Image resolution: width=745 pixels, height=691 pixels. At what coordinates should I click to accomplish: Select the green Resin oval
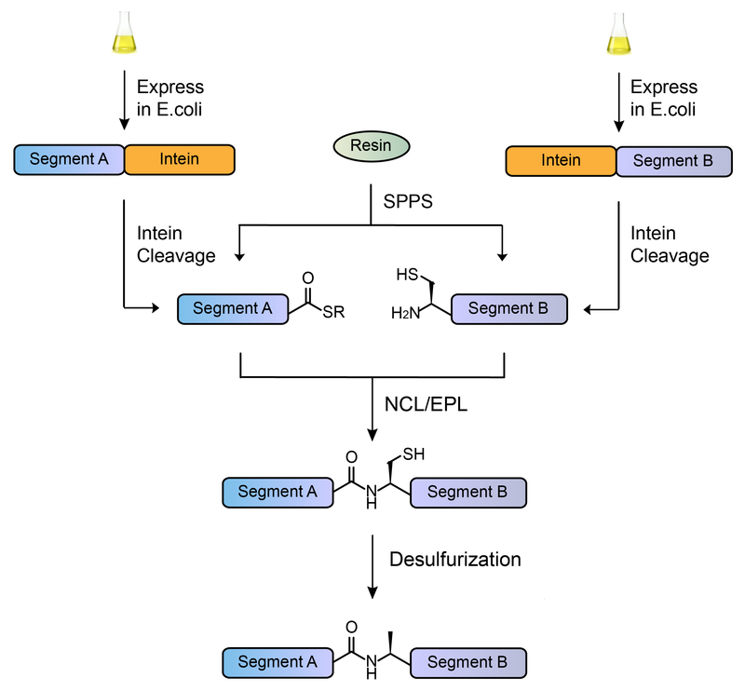click(x=371, y=146)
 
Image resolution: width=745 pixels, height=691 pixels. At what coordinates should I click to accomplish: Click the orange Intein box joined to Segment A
click(x=180, y=159)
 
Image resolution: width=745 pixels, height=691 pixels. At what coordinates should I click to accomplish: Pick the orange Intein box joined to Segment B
click(x=561, y=160)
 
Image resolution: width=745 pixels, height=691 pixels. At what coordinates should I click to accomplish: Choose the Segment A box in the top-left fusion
click(x=70, y=159)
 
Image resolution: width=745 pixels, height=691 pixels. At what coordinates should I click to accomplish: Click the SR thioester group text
click(x=333, y=313)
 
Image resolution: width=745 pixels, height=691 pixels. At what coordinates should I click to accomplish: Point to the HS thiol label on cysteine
click(x=406, y=275)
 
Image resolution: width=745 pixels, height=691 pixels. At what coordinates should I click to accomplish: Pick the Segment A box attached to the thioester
click(x=232, y=309)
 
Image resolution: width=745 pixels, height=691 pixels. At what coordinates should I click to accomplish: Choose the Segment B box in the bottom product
click(x=467, y=662)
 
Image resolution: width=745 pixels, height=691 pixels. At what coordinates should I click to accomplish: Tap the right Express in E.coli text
click(x=664, y=99)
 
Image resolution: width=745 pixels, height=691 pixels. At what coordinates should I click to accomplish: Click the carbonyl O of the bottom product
click(x=350, y=629)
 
